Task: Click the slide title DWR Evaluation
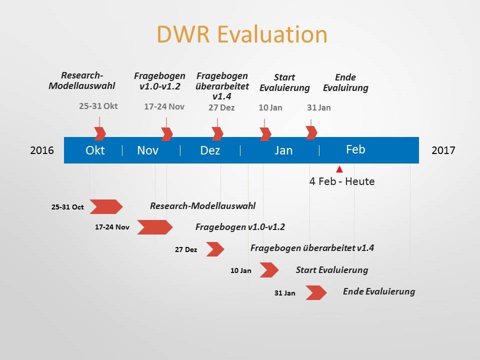coord(242,34)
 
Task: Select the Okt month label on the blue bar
coord(95,150)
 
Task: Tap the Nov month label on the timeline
coord(147,150)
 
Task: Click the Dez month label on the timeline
coord(210,150)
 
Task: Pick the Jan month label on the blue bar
coord(283,150)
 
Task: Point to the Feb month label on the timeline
coord(355,149)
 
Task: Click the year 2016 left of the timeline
coord(42,150)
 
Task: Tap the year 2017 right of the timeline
coord(443,150)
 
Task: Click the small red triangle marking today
coord(339,169)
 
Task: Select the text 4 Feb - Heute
coord(342,181)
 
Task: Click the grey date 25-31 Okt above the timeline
coord(98,106)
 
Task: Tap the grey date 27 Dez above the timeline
coord(221,107)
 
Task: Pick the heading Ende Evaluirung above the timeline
coord(345,82)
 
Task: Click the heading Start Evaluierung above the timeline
coord(284,82)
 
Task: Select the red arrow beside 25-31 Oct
coord(105,206)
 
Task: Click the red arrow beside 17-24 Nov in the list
coord(154,227)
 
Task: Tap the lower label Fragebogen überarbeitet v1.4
coord(312,248)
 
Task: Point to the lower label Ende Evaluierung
coord(378,291)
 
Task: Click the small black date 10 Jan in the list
coord(241,270)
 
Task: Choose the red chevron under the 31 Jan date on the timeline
coord(311,132)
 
